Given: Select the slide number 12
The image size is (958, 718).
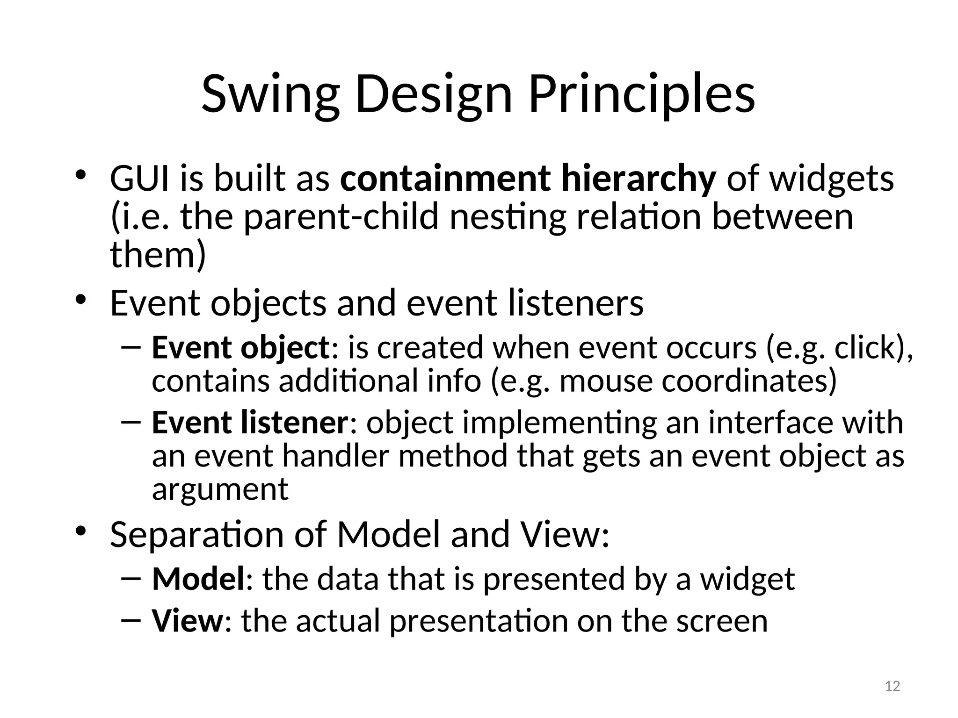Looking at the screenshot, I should (x=893, y=686).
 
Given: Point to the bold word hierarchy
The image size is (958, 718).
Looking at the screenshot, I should (x=639, y=179).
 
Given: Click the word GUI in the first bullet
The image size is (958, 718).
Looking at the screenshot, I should (x=139, y=179).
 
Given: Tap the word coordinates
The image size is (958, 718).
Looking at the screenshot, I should (x=744, y=381).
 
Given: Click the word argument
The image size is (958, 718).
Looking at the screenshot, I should (x=220, y=490).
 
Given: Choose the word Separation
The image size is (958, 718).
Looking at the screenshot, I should (x=196, y=534).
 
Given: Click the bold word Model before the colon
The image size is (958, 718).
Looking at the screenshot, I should (x=198, y=579).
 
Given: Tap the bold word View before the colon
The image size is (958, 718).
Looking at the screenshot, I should (x=188, y=621).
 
